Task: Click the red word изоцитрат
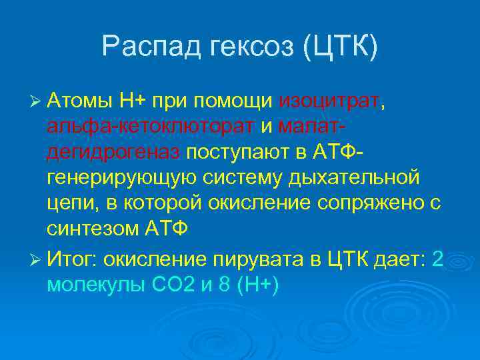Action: pyautogui.click(x=329, y=102)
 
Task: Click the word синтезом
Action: pyautogui.click(x=93, y=229)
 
